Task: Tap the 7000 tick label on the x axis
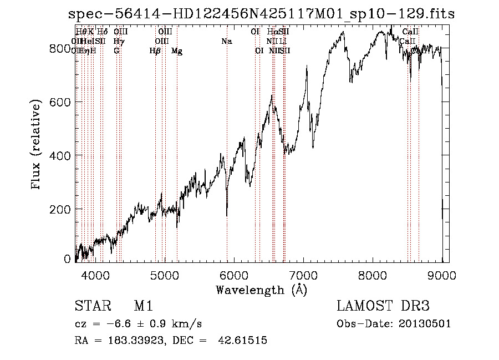(303, 275)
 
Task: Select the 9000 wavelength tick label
(442, 275)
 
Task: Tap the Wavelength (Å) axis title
(261, 290)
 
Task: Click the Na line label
(226, 42)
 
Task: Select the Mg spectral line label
(177, 51)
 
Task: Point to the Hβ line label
(155, 51)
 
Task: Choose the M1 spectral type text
(143, 307)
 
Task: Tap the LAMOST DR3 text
(383, 307)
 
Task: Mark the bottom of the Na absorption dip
(227, 216)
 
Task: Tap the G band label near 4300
(116, 51)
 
